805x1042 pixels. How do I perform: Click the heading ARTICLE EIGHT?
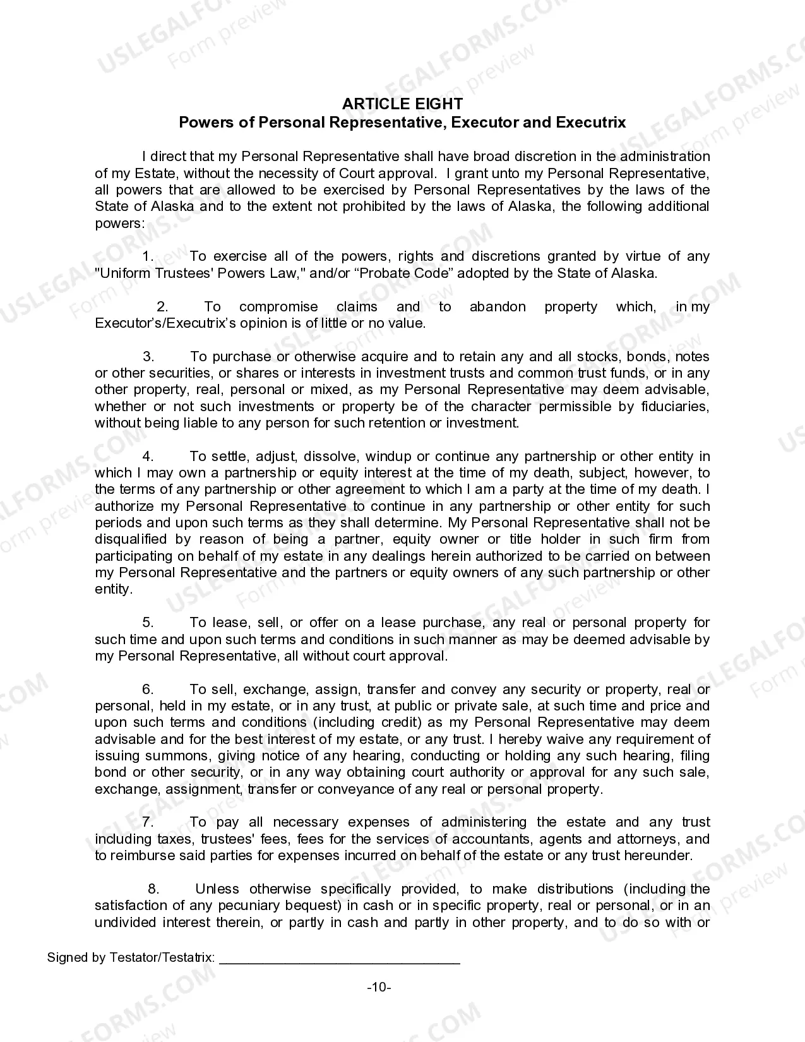[402, 104]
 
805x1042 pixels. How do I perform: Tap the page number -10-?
[379, 987]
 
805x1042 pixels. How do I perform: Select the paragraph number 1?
[148, 256]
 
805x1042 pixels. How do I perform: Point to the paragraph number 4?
[148, 457]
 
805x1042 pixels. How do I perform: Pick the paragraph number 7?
[148, 822]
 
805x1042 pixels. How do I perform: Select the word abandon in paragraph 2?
[498, 307]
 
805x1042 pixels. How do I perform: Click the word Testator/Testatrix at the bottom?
[162, 957]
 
